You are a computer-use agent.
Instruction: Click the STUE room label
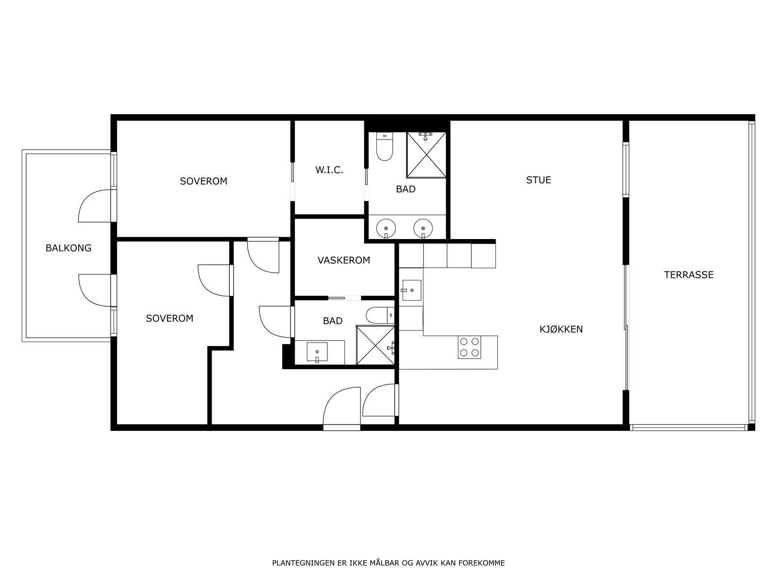click(538, 180)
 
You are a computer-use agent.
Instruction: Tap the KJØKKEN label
click(561, 329)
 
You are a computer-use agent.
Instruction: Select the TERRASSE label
click(689, 274)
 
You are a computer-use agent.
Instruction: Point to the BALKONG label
click(68, 248)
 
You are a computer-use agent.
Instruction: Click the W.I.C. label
click(329, 170)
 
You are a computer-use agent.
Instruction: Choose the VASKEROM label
click(344, 260)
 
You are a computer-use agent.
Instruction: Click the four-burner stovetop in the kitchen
click(470, 347)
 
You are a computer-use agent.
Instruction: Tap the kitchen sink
click(411, 290)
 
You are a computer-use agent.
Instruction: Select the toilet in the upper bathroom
click(385, 147)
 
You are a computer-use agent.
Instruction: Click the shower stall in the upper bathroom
click(426, 154)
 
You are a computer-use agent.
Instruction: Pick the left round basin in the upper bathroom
click(386, 228)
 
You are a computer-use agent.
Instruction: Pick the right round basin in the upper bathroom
click(423, 228)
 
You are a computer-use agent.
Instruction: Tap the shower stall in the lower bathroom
click(375, 345)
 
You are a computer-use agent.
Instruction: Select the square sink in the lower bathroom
click(317, 352)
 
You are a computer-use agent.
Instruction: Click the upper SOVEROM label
click(203, 181)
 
